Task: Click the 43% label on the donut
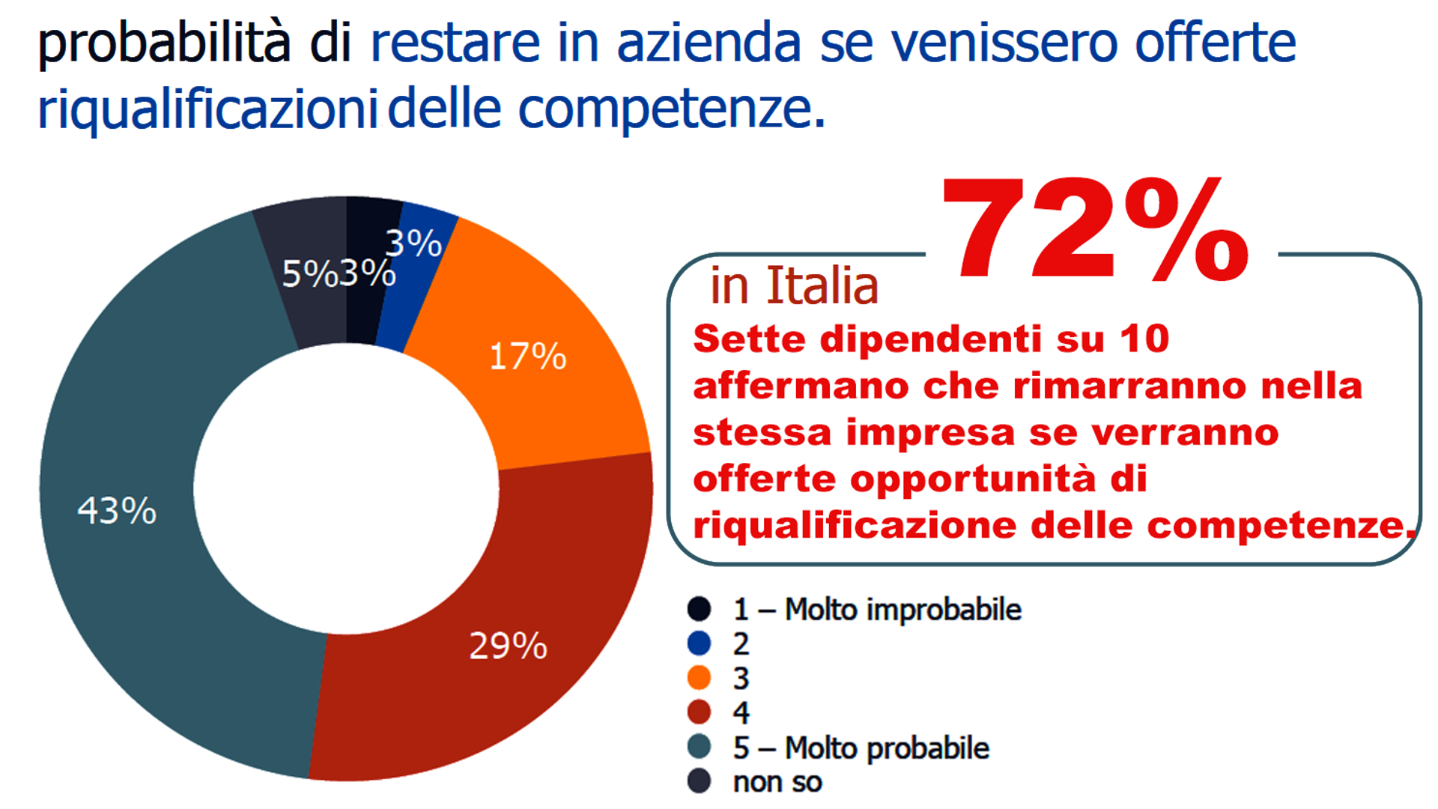[x=118, y=511]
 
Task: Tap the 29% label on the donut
[x=508, y=646]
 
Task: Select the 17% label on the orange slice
[x=527, y=357]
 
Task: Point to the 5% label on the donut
[x=309, y=274]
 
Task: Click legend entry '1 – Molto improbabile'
[x=876, y=609]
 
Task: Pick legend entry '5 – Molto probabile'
[x=861, y=748]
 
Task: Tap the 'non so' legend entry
[x=777, y=782]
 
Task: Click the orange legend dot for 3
[x=699, y=677]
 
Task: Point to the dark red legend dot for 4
[x=699, y=712]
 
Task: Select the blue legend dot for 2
[x=699, y=643]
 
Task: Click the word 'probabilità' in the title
[x=163, y=43]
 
